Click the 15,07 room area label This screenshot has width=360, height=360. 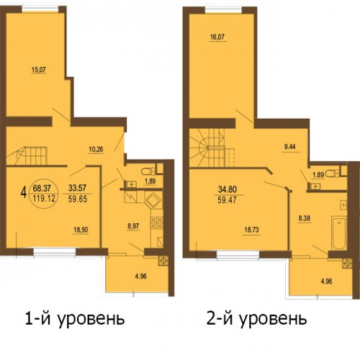[x=39, y=70]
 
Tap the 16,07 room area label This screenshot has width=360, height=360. [x=218, y=37]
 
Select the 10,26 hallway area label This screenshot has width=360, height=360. [x=96, y=149]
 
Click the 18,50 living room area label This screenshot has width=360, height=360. [x=81, y=230]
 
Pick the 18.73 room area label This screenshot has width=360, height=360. [x=251, y=230]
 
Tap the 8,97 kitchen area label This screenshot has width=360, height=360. [x=133, y=226]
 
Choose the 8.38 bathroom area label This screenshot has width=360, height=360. [x=305, y=218]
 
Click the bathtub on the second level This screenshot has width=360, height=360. [x=338, y=233]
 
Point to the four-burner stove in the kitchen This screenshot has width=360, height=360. [x=157, y=222]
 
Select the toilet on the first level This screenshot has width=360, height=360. [x=148, y=171]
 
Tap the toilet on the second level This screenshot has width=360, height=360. [x=333, y=173]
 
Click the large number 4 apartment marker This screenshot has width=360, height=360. [x=24, y=193]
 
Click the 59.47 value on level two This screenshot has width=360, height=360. [x=227, y=200]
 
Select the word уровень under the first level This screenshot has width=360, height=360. [x=91, y=319]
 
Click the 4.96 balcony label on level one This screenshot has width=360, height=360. [x=140, y=276]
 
